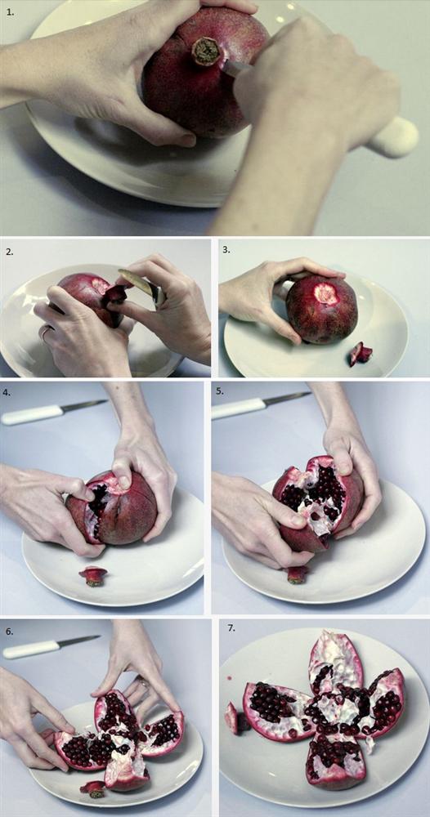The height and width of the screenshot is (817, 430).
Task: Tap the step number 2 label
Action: click(x=9, y=251)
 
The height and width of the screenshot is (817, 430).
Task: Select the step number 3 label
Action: click(x=226, y=249)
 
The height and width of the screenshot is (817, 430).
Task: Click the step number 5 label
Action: click(x=220, y=391)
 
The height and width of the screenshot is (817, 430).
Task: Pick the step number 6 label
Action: click(x=10, y=632)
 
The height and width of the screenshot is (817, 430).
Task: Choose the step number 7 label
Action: click(x=231, y=628)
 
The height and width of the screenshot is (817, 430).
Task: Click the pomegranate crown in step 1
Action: click(x=206, y=51)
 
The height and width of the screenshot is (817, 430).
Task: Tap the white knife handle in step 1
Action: click(x=394, y=137)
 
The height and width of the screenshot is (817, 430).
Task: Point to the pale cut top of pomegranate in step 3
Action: click(x=326, y=294)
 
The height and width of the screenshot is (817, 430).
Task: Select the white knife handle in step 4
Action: click(x=33, y=414)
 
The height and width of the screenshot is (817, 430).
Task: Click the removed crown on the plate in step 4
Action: click(x=92, y=574)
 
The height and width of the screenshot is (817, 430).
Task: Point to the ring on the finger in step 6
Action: click(x=142, y=681)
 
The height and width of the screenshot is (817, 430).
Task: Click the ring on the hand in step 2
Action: click(x=46, y=332)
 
